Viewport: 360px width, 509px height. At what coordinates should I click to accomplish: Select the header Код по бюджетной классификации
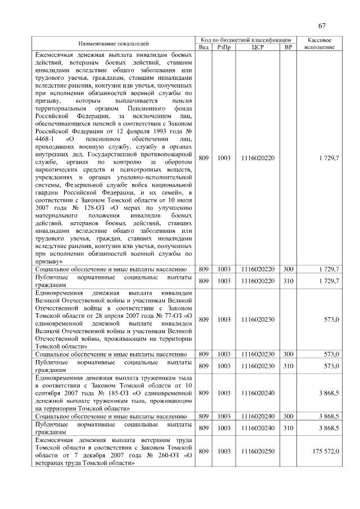point(246,40)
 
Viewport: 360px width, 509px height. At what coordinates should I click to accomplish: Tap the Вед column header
point(204,47)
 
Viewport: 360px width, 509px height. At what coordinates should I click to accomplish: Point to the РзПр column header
point(224,47)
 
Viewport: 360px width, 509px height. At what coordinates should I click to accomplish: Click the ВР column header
point(288,47)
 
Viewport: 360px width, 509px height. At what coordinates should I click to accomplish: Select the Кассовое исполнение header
point(319,43)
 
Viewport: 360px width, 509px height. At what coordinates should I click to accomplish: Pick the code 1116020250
point(258,452)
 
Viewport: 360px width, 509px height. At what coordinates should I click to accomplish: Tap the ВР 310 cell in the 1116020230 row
point(288,366)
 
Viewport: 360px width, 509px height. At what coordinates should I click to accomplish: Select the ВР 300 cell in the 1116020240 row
point(288,416)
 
